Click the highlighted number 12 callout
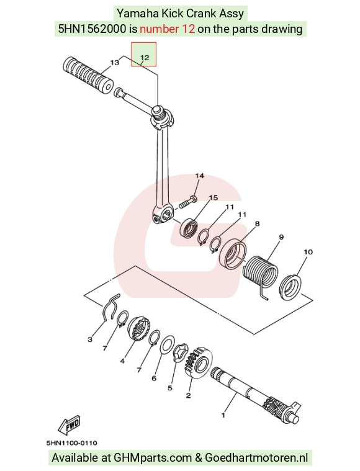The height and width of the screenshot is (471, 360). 144,55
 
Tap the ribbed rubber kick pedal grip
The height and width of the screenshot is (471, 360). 88,74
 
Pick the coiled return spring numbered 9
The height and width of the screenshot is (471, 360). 260,273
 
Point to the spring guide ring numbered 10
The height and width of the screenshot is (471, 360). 290,287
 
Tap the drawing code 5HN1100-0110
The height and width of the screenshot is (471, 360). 71,442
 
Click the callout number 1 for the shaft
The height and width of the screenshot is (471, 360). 223,415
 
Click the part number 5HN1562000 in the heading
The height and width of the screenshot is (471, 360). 92,29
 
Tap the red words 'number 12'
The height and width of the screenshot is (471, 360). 168,29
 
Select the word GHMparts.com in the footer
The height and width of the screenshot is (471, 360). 153,458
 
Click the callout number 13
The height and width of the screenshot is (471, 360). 114,63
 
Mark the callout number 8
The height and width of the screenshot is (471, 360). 257,223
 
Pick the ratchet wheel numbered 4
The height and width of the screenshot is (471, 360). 138,329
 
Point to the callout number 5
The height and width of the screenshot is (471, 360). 170,388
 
